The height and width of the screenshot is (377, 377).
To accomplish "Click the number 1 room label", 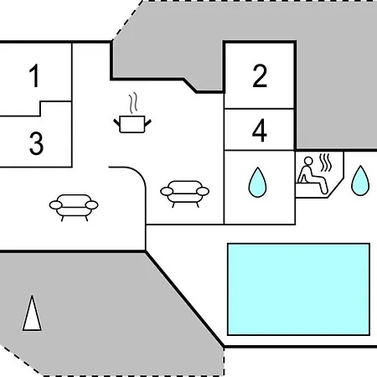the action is (34, 75).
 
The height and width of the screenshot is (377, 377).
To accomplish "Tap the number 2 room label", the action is (260, 76).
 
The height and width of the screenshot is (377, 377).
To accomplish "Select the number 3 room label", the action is (36, 143).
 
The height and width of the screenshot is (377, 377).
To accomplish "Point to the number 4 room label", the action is (260, 130).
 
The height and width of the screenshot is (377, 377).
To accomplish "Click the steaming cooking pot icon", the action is (132, 113).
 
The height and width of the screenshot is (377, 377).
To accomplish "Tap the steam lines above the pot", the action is (133, 103).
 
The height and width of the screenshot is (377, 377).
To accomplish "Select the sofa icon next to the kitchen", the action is (184, 194).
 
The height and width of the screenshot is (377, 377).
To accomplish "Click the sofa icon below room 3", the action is (74, 208).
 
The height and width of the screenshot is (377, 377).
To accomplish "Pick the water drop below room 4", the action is (257, 182).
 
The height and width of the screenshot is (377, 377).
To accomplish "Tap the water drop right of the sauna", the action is (360, 180).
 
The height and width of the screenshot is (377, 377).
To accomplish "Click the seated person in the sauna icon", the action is (312, 175).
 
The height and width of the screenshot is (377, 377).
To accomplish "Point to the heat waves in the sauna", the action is (325, 163).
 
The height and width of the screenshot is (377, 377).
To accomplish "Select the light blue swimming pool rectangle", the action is (298, 289).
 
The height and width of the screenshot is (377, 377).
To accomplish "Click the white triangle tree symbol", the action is (32, 313).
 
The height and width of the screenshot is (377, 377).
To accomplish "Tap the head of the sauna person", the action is (308, 161).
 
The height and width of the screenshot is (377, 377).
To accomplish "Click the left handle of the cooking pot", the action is (116, 122).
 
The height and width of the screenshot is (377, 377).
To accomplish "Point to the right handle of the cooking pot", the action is (147, 122).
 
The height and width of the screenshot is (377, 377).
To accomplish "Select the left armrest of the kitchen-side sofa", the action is (167, 191).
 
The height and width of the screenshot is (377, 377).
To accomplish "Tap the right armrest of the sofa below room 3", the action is (91, 205).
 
